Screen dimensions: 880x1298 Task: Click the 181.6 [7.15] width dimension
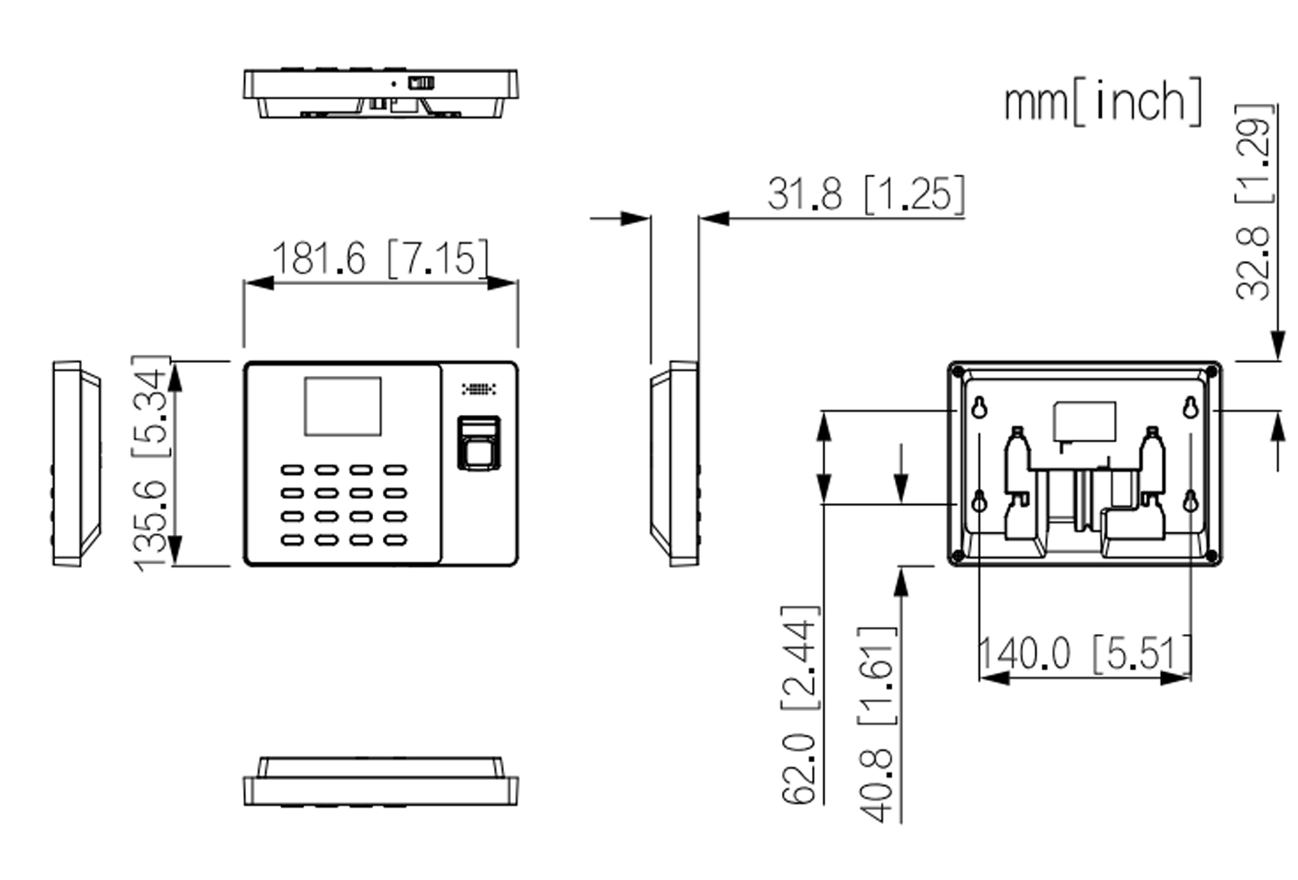point(380,258)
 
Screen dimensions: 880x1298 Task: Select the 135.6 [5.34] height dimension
point(151,463)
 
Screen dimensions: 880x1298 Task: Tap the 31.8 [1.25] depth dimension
point(866,194)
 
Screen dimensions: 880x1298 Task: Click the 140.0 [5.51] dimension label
point(1085,654)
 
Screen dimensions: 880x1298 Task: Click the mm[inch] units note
point(1102,102)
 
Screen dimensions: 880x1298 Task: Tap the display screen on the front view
point(342,406)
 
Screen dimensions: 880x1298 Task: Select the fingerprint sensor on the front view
point(479,442)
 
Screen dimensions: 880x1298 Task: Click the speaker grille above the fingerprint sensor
point(479,390)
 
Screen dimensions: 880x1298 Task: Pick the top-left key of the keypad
point(292,470)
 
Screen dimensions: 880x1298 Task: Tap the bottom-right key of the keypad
point(395,540)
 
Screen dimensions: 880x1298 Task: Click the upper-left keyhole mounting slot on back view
point(979,408)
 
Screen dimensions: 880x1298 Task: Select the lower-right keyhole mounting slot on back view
point(1190,502)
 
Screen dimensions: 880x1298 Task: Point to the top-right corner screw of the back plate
point(1211,372)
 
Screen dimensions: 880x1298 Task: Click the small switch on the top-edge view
point(421,83)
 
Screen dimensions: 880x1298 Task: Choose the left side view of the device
point(76,464)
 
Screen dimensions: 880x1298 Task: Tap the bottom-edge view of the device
point(380,782)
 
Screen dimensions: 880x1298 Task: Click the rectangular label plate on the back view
point(1084,421)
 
